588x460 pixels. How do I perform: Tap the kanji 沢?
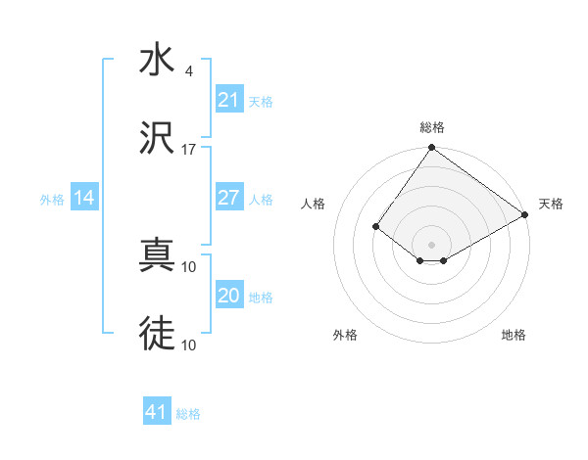coord(157,139)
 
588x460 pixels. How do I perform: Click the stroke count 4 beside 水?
coord(188,71)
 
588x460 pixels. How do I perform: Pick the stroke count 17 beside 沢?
coord(189,150)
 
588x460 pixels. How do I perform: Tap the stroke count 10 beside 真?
coord(189,266)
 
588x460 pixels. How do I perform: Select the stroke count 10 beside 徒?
coord(189,345)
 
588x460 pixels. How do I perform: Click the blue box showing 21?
coord(228,100)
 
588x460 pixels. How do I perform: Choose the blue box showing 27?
coord(228,198)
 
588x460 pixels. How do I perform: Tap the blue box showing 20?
coord(228,296)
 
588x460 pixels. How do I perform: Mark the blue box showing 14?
coord(84,198)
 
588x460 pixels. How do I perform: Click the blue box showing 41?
coord(156,412)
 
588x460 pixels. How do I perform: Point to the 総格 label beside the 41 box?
coord(188,414)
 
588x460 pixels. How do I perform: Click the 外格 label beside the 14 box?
coord(52,200)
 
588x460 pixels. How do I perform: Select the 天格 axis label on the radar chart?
coord(551,204)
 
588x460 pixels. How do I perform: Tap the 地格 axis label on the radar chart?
coord(514,335)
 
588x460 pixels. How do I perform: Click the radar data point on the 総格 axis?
coord(431,149)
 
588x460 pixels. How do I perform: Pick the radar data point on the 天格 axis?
coord(525,214)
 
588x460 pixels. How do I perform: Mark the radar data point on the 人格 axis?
coord(375,226)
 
